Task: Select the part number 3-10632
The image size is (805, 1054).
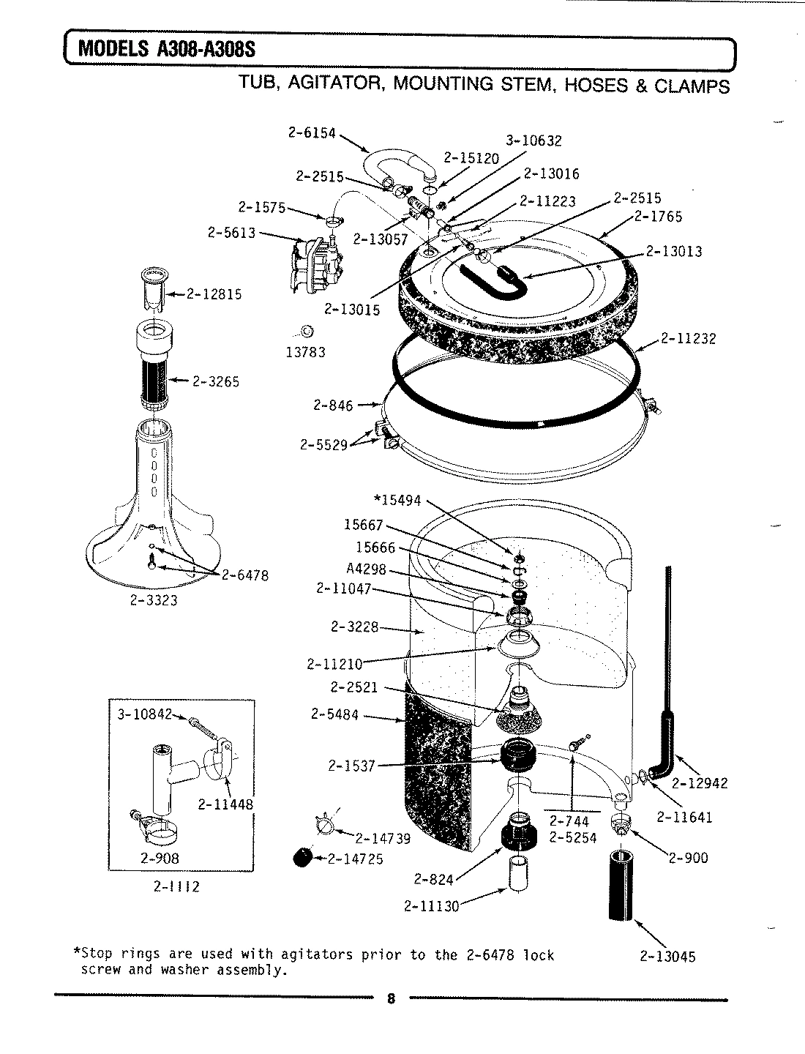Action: pyautogui.click(x=533, y=141)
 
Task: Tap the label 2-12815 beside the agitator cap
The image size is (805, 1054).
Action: pyautogui.click(x=214, y=294)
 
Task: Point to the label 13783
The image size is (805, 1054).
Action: pyautogui.click(x=304, y=352)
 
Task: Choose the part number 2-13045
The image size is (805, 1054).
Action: pyautogui.click(x=667, y=956)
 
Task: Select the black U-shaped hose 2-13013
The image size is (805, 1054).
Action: pyautogui.click(x=493, y=278)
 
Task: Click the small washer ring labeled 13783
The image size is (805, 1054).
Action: pyautogui.click(x=307, y=330)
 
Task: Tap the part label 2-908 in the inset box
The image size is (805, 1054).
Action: pyautogui.click(x=160, y=858)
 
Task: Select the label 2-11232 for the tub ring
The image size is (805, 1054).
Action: pyautogui.click(x=688, y=338)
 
